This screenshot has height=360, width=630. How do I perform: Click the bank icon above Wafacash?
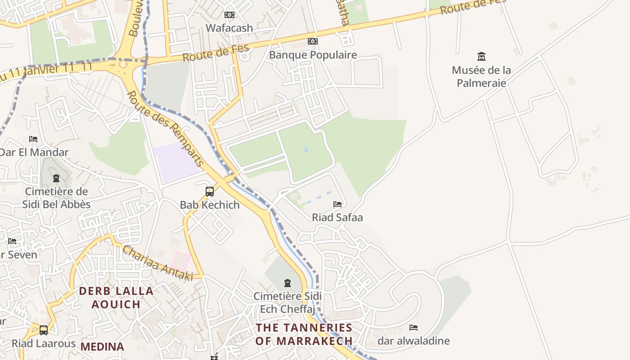coord(229,15)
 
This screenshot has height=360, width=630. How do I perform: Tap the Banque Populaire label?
coord(313,55)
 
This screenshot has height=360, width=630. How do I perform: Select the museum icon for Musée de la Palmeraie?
coord(481,57)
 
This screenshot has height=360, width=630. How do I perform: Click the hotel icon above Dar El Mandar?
coord(33,139)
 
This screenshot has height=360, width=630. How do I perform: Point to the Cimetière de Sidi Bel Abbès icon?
coord(56,178)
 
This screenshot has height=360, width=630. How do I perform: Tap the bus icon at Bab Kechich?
coord(210,192)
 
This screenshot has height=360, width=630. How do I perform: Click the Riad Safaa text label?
coord(337,217)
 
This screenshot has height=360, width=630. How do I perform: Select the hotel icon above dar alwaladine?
coord(414,328)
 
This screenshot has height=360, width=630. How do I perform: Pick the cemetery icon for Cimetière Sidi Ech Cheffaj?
coord(287,283)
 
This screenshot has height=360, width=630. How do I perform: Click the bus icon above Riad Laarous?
coord(44,330)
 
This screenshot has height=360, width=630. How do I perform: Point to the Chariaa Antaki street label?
coord(157,263)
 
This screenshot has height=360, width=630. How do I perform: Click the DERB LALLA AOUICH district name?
coord(116,297)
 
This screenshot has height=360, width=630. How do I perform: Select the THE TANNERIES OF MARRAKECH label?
coord(304,334)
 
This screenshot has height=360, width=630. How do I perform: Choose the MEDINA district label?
coord(102,346)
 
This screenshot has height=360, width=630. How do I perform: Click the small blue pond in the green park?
coord(306,149)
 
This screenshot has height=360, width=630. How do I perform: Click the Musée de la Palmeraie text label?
coord(481,76)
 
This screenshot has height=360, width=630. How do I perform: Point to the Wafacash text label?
coord(229,28)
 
